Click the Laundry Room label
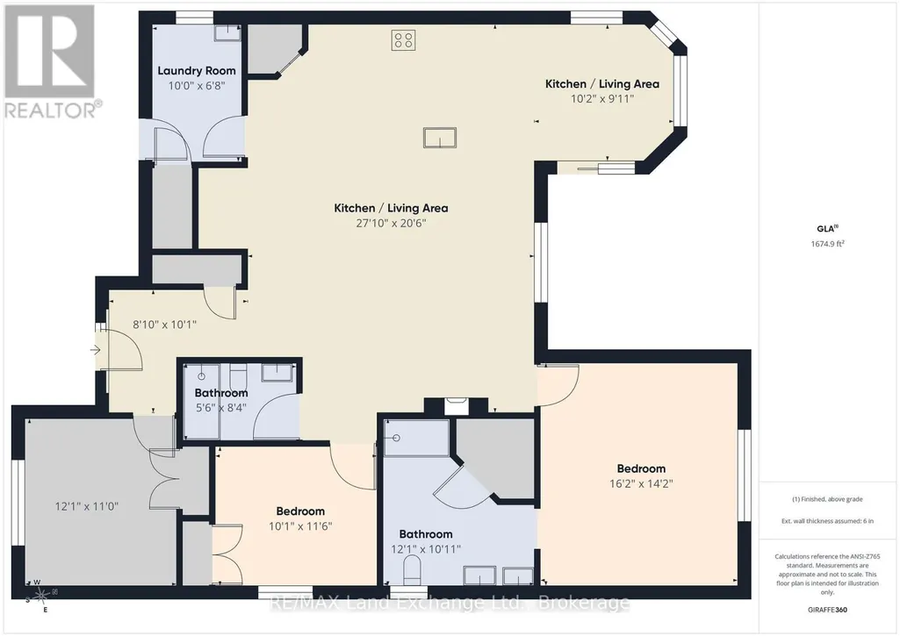click(x=197, y=70)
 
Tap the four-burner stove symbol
click(x=404, y=40)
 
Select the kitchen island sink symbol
click(x=440, y=138)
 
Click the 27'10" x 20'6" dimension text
click(x=391, y=223)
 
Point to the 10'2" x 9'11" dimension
click(x=602, y=98)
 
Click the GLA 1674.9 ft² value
click(x=827, y=244)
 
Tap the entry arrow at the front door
click(x=96, y=349)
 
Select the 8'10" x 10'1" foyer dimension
click(x=165, y=325)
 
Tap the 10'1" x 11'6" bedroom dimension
click(x=300, y=525)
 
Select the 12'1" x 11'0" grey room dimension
click(x=87, y=506)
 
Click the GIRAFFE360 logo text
click(x=827, y=610)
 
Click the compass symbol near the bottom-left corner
click(x=41, y=597)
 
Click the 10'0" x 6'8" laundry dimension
click(x=197, y=86)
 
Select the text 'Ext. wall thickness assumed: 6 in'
click(x=827, y=521)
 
